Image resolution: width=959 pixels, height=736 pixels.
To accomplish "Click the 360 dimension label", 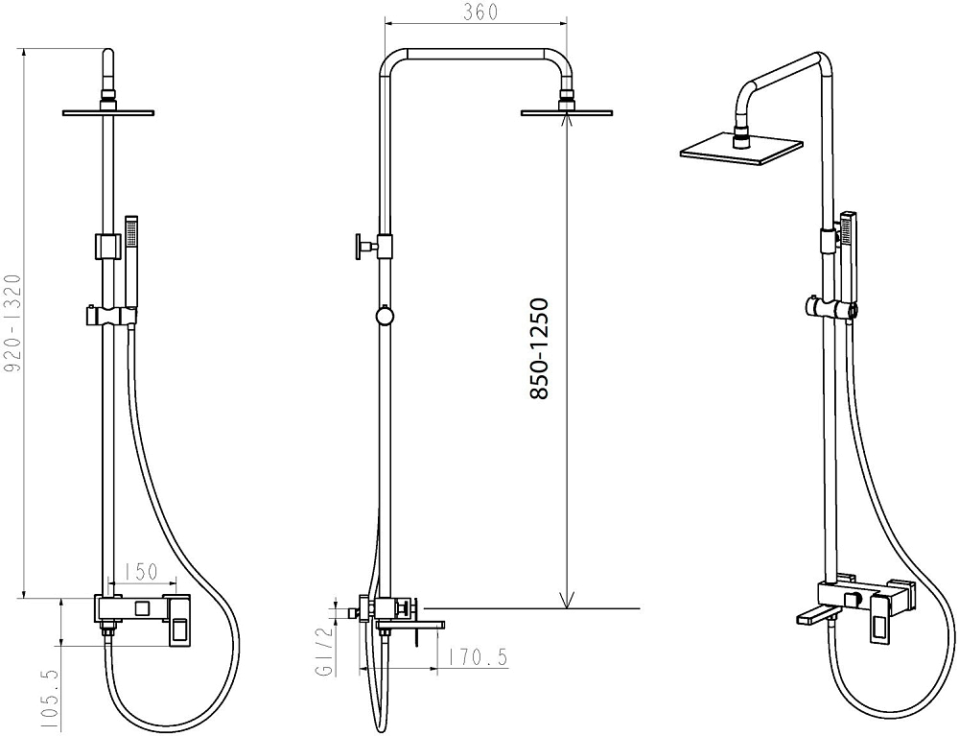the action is [x=480, y=12].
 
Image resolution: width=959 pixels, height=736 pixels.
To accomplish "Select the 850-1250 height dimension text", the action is [x=539, y=348].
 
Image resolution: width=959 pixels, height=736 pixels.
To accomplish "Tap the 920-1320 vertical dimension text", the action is [x=12, y=323].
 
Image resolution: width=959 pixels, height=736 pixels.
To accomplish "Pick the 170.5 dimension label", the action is [x=478, y=657].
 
